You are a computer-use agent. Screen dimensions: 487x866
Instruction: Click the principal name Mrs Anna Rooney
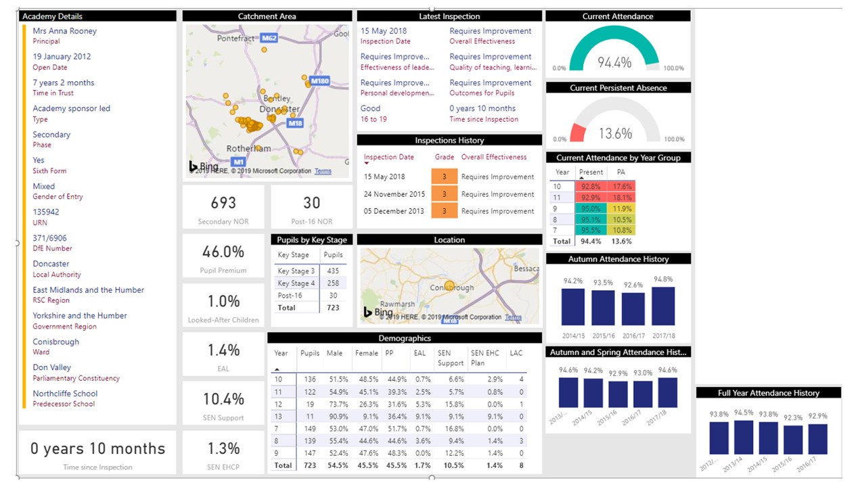(x=64, y=31)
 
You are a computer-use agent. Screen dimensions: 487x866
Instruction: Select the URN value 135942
(x=46, y=212)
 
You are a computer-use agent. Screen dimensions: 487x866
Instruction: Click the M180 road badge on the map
(x=319, y=81)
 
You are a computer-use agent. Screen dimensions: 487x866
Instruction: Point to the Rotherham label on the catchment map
(x=248, y=148)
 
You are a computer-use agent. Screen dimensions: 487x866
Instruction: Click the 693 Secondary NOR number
(x=223, y=203)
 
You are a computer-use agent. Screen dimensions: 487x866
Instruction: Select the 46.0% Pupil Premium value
(x=223, y=252)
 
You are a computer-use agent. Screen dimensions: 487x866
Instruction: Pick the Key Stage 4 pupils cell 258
(x=333, y=283)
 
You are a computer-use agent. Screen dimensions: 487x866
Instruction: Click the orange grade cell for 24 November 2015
(x=445, y=194)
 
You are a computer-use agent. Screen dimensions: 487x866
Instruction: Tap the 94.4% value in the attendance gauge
(x=614, y=62)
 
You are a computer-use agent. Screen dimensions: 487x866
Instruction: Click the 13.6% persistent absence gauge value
(x=614, y=133)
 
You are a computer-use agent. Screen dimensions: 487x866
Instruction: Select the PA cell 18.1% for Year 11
(x=621, y=197)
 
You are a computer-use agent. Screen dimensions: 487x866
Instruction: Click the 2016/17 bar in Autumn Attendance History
(x=633, y=308)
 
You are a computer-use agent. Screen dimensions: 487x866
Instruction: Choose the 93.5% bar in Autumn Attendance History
(x=603, y=308)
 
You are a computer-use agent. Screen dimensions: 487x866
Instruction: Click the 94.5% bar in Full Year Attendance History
(x=744, y=438)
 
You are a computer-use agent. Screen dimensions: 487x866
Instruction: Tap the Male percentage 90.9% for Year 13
(x=337, y=417)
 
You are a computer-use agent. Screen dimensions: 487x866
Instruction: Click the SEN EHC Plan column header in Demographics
(x=486, y=358)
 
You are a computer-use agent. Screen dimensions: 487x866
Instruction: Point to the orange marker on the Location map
(x=449, y=286)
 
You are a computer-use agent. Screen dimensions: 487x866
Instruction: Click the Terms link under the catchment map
(x=323, y=171)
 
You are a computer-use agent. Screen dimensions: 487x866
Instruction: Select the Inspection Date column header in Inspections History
(x=389, y=157)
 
